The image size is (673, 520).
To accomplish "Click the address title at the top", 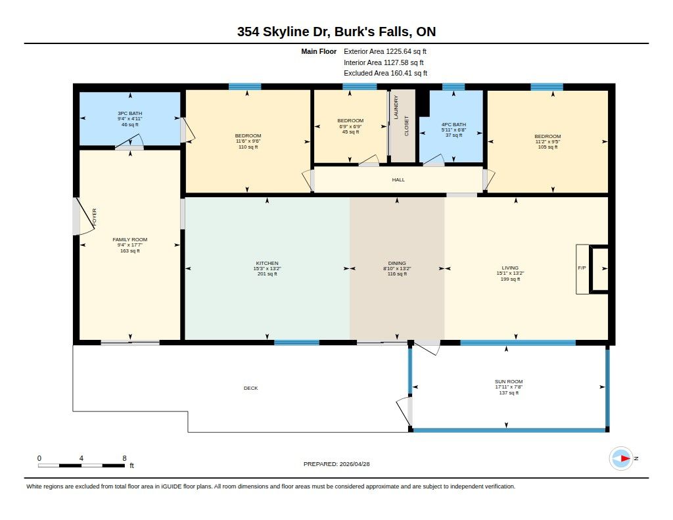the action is (x=336, y=32).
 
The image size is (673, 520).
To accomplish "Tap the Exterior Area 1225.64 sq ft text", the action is (x=385, y=51).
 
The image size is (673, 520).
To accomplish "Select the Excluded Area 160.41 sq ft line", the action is (x=385, y=73).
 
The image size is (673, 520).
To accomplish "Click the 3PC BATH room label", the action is (x=129, y=113).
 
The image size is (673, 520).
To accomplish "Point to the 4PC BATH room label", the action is (x=453, y=124).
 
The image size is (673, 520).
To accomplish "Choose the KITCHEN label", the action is (x=267, y=263).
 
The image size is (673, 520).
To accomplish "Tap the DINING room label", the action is (x=397, y=263).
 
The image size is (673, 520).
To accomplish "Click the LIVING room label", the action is (x=510, y=268).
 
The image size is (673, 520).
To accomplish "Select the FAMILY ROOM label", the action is (x=129, y=239).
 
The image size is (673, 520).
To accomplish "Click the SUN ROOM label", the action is (x=509, y=381).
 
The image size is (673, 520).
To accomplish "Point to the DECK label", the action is (x=250, y=388).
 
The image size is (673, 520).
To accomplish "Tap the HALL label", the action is (x=398, y=180).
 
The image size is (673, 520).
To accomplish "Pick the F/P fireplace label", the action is (x=582, y=268).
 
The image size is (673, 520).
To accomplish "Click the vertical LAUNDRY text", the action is (x=396, y=107).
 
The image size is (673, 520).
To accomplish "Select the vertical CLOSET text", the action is (x=406, y=126).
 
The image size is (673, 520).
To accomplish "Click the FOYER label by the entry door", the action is (x=95, y=218).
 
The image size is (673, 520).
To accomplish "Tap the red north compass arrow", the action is (x=625, y=459).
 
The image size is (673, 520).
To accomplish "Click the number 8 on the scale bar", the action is (x=124, y=458).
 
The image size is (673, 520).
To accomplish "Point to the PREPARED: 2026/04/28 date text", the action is (x=336, y=464).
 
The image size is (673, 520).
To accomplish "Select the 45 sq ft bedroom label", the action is (x=351, y=132).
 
